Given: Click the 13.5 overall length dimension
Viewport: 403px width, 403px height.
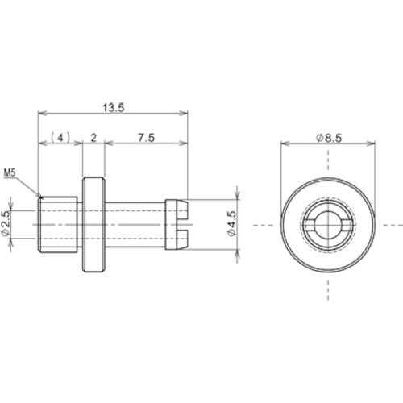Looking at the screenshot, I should [x=112, y=107].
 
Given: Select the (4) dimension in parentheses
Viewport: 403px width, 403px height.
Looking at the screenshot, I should [x=61, y=138].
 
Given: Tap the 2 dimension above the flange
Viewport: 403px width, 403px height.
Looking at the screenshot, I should [x=94, y=138].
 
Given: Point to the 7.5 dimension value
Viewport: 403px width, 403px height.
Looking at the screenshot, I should [x=144, y=138].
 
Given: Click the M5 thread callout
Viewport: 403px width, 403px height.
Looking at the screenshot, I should [x=10, y=172].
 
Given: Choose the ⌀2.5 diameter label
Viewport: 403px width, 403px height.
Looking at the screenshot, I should [x=6, y=222].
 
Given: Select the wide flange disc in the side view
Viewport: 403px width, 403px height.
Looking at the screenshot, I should [x=93, y=222].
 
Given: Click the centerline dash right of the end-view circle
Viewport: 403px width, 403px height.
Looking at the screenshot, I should [x=393, y=223].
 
